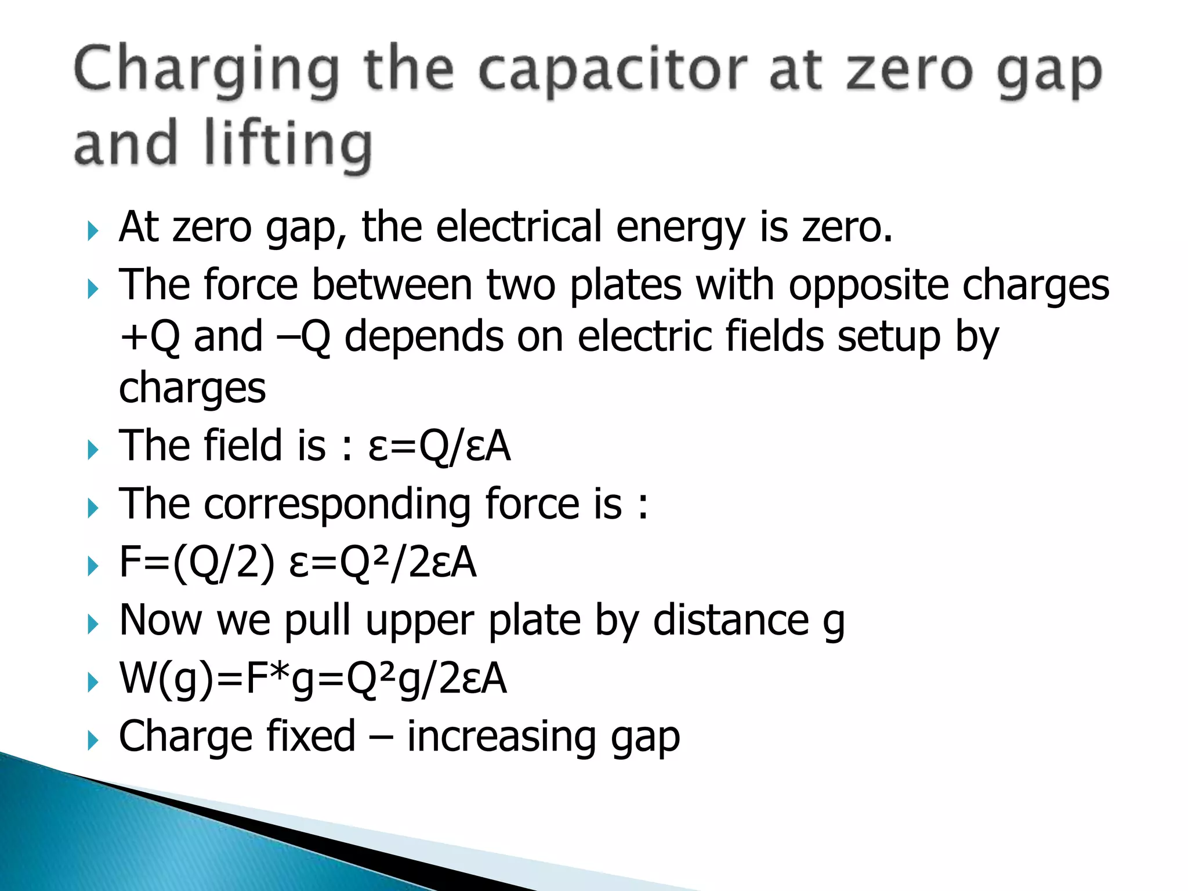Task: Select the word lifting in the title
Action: (x=288, y=144)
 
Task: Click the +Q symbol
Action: (x=150, y=337)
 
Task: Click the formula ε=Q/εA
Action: (x=440, y=446)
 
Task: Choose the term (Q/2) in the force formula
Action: (x=223, y=562)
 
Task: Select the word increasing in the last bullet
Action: (x=501, y=737)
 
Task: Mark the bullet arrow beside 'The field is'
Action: (x=93, y=450)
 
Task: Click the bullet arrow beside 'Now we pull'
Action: (x=93, y=625)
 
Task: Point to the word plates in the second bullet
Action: (x=625, y=285)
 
